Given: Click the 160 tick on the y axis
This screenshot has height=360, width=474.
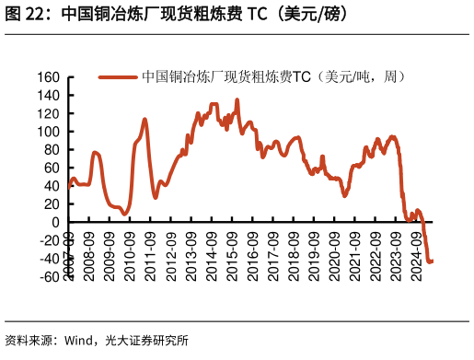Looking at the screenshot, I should [49, 77].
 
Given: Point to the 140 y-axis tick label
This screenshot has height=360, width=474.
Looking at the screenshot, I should [49, 95].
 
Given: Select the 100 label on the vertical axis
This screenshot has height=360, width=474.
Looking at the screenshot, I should [49, 132].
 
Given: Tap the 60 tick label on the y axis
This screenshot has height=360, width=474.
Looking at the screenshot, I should [52, 168].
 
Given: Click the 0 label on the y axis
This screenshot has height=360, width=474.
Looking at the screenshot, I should [56, 222].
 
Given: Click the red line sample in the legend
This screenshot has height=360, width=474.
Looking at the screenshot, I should [118, 77].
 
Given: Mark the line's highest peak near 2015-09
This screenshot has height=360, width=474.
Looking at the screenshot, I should [237, 100].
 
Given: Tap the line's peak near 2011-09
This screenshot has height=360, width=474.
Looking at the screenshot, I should [145, 119].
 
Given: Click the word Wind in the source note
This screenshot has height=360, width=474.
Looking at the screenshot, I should [80, 341].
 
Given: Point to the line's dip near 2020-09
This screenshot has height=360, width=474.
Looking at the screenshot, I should [345, 195].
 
